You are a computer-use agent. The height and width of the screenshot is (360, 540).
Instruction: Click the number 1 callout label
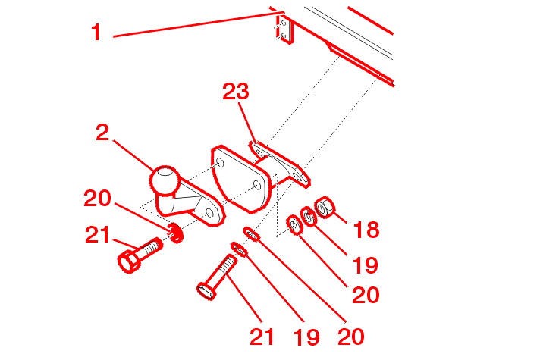96,33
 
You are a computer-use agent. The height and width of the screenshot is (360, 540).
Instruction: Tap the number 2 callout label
102,133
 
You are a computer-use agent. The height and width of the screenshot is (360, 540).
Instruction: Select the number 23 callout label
236,92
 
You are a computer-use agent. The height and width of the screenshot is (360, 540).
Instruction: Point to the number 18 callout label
366,230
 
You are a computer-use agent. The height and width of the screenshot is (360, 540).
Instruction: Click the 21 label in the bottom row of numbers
262,337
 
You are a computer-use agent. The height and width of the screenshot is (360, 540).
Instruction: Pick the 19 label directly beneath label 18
365,265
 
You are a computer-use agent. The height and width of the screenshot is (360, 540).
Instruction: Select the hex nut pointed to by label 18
325,207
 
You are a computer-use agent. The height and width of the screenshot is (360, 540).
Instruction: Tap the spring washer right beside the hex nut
309,217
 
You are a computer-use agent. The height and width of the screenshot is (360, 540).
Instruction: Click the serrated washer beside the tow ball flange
176,233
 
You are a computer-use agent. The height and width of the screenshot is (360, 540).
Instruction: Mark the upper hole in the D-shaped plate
220,162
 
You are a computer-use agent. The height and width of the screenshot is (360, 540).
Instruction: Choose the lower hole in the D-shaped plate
257,185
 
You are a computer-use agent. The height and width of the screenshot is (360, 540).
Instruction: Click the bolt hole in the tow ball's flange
209,214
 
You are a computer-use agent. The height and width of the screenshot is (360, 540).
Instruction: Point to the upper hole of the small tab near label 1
284,23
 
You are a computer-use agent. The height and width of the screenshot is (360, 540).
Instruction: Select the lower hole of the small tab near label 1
284,35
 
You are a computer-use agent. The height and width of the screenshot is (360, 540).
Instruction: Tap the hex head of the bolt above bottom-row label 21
206,292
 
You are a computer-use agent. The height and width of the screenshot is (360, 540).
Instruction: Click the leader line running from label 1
199,24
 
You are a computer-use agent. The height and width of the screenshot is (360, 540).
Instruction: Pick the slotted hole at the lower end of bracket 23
297,177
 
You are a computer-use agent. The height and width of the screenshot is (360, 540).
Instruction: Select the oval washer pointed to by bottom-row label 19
239,249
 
